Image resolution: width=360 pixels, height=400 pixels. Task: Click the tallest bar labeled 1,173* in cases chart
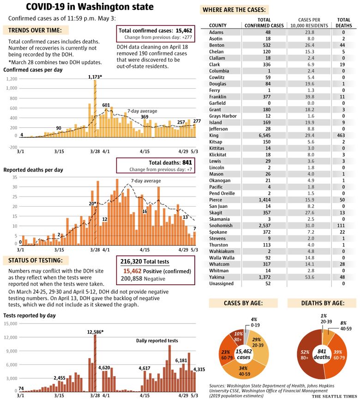(95, 109)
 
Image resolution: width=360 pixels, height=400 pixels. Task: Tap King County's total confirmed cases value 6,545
(264, 136)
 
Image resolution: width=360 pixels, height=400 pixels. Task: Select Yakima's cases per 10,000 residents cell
(309, 277)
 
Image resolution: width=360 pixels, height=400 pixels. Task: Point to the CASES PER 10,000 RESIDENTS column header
(309, 23)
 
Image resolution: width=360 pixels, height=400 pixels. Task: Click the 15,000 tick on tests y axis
(11, 323)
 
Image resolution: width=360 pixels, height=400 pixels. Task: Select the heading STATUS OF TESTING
(36, 261)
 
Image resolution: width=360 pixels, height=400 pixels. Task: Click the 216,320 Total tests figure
(144, 262)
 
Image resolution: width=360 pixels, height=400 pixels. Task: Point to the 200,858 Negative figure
(143, 279)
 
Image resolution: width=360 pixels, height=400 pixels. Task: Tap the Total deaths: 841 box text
(170, 163)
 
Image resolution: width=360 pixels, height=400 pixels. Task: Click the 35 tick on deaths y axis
(15, 177)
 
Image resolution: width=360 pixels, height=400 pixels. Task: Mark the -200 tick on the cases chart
(13, 147)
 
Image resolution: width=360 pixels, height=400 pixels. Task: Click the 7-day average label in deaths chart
(146, 181)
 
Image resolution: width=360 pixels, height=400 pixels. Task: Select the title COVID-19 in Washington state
(90, 7)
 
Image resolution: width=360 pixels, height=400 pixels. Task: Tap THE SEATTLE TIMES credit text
(334, 396)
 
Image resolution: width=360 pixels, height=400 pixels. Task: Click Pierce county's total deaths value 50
(342, 200)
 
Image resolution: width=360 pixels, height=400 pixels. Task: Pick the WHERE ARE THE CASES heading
(234, 10)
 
